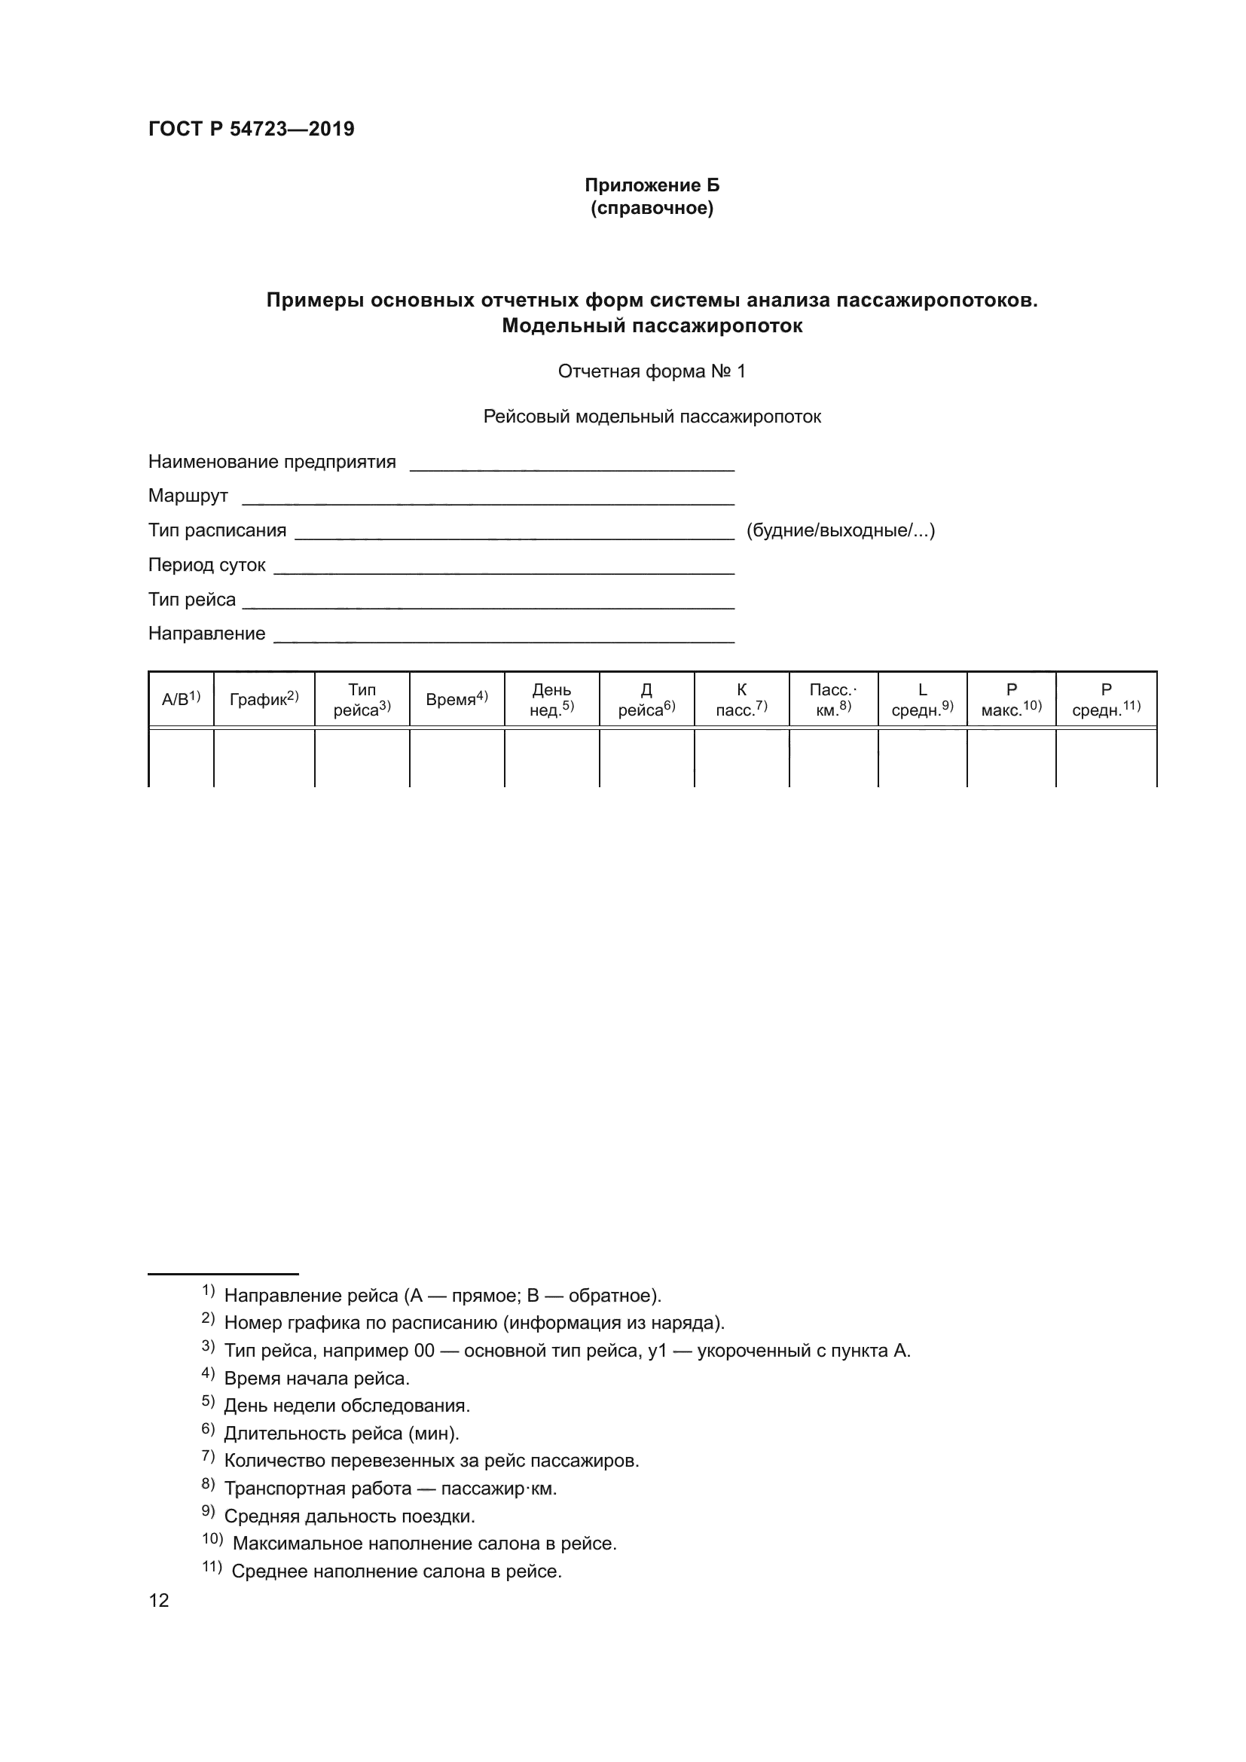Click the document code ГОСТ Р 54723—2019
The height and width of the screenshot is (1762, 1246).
pyautogui.click(x=251, y=129)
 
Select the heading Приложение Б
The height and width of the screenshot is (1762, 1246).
pyautogui.click(x=652, y=185)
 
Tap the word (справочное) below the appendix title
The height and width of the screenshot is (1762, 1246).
pyautogui.click(x=652, y=208)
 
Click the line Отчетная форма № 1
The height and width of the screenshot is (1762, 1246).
pyautogui.click(x=652, y=371)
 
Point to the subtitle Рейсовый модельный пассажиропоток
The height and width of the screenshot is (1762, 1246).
pyautogui.click(x=652, y=417)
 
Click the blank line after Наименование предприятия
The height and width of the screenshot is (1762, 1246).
pyautogui.click(x=572, y=464)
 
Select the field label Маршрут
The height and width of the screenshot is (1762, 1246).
pyautogui.click(x=188, y=496)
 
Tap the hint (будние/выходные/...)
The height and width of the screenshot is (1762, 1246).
pyautogui.click(x=840, y=530)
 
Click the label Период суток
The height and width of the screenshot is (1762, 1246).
pyautogui.click(x=206, y=565)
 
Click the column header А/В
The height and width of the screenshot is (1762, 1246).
pyautogui.click(x=180, y=699)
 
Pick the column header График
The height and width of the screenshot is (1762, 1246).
pyautogui.click(x=264, y=699)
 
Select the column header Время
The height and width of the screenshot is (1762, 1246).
pyautogui.click(x=457, y=699)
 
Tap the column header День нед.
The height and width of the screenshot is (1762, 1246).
pyautogui.click(x=551, y=699)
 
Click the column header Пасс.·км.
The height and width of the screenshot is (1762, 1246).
pyautogui.click(x=833, y=699)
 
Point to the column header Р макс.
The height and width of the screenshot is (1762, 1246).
pyautogui.click(x=1011, y=699)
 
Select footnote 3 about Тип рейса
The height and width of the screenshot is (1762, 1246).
pyautogui.click(x=567, y=1351)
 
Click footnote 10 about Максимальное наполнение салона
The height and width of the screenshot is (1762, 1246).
pyautogui.click(x=423, y=1543)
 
